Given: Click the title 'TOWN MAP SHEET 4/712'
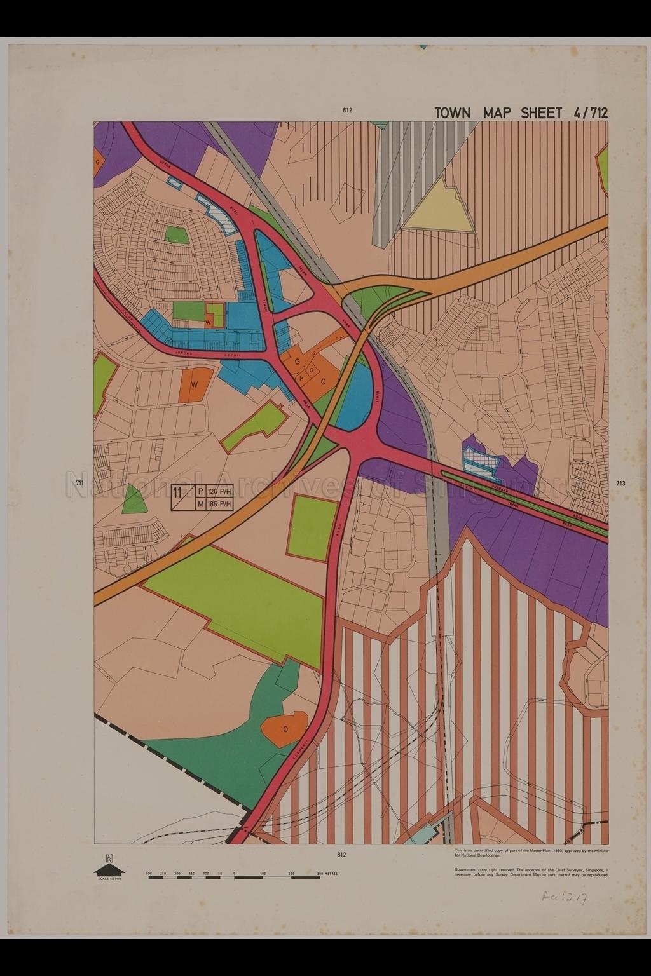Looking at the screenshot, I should [521, 113].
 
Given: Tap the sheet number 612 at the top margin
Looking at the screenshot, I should [347, 110].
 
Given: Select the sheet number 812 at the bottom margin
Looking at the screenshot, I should [342, 855].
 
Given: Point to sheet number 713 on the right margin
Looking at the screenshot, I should [620, 484].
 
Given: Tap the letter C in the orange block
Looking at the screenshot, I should [323, 382].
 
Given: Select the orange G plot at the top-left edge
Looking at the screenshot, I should [97, 162].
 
